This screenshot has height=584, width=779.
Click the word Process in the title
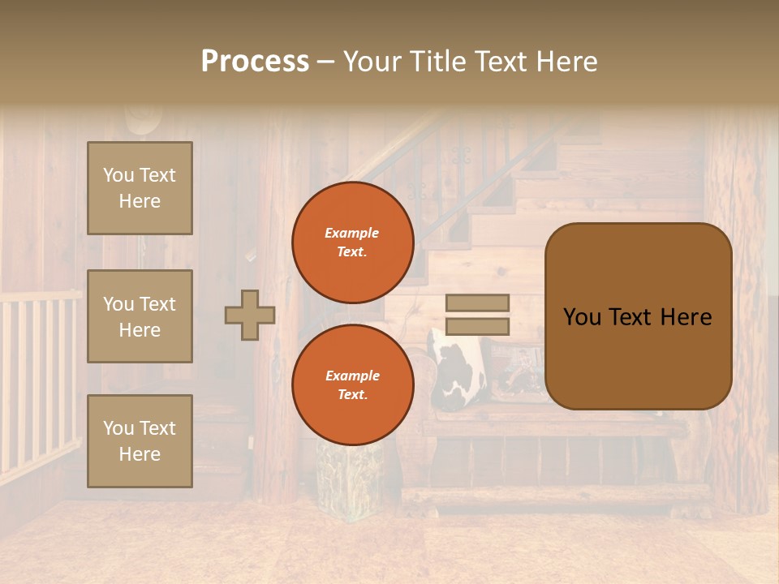255,61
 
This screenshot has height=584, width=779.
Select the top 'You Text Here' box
140,188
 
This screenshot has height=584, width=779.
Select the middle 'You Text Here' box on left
140,316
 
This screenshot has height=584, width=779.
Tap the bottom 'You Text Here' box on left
140,440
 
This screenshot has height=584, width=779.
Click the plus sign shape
250,315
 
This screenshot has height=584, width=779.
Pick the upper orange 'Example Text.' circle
352,242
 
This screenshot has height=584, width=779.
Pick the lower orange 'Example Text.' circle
352,384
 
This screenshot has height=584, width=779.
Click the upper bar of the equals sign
477,303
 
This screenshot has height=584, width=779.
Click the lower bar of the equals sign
477,326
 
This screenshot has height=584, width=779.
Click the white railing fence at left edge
37,381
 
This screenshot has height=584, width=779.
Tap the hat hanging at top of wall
142,122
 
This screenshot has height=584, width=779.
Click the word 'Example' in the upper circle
352,233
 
